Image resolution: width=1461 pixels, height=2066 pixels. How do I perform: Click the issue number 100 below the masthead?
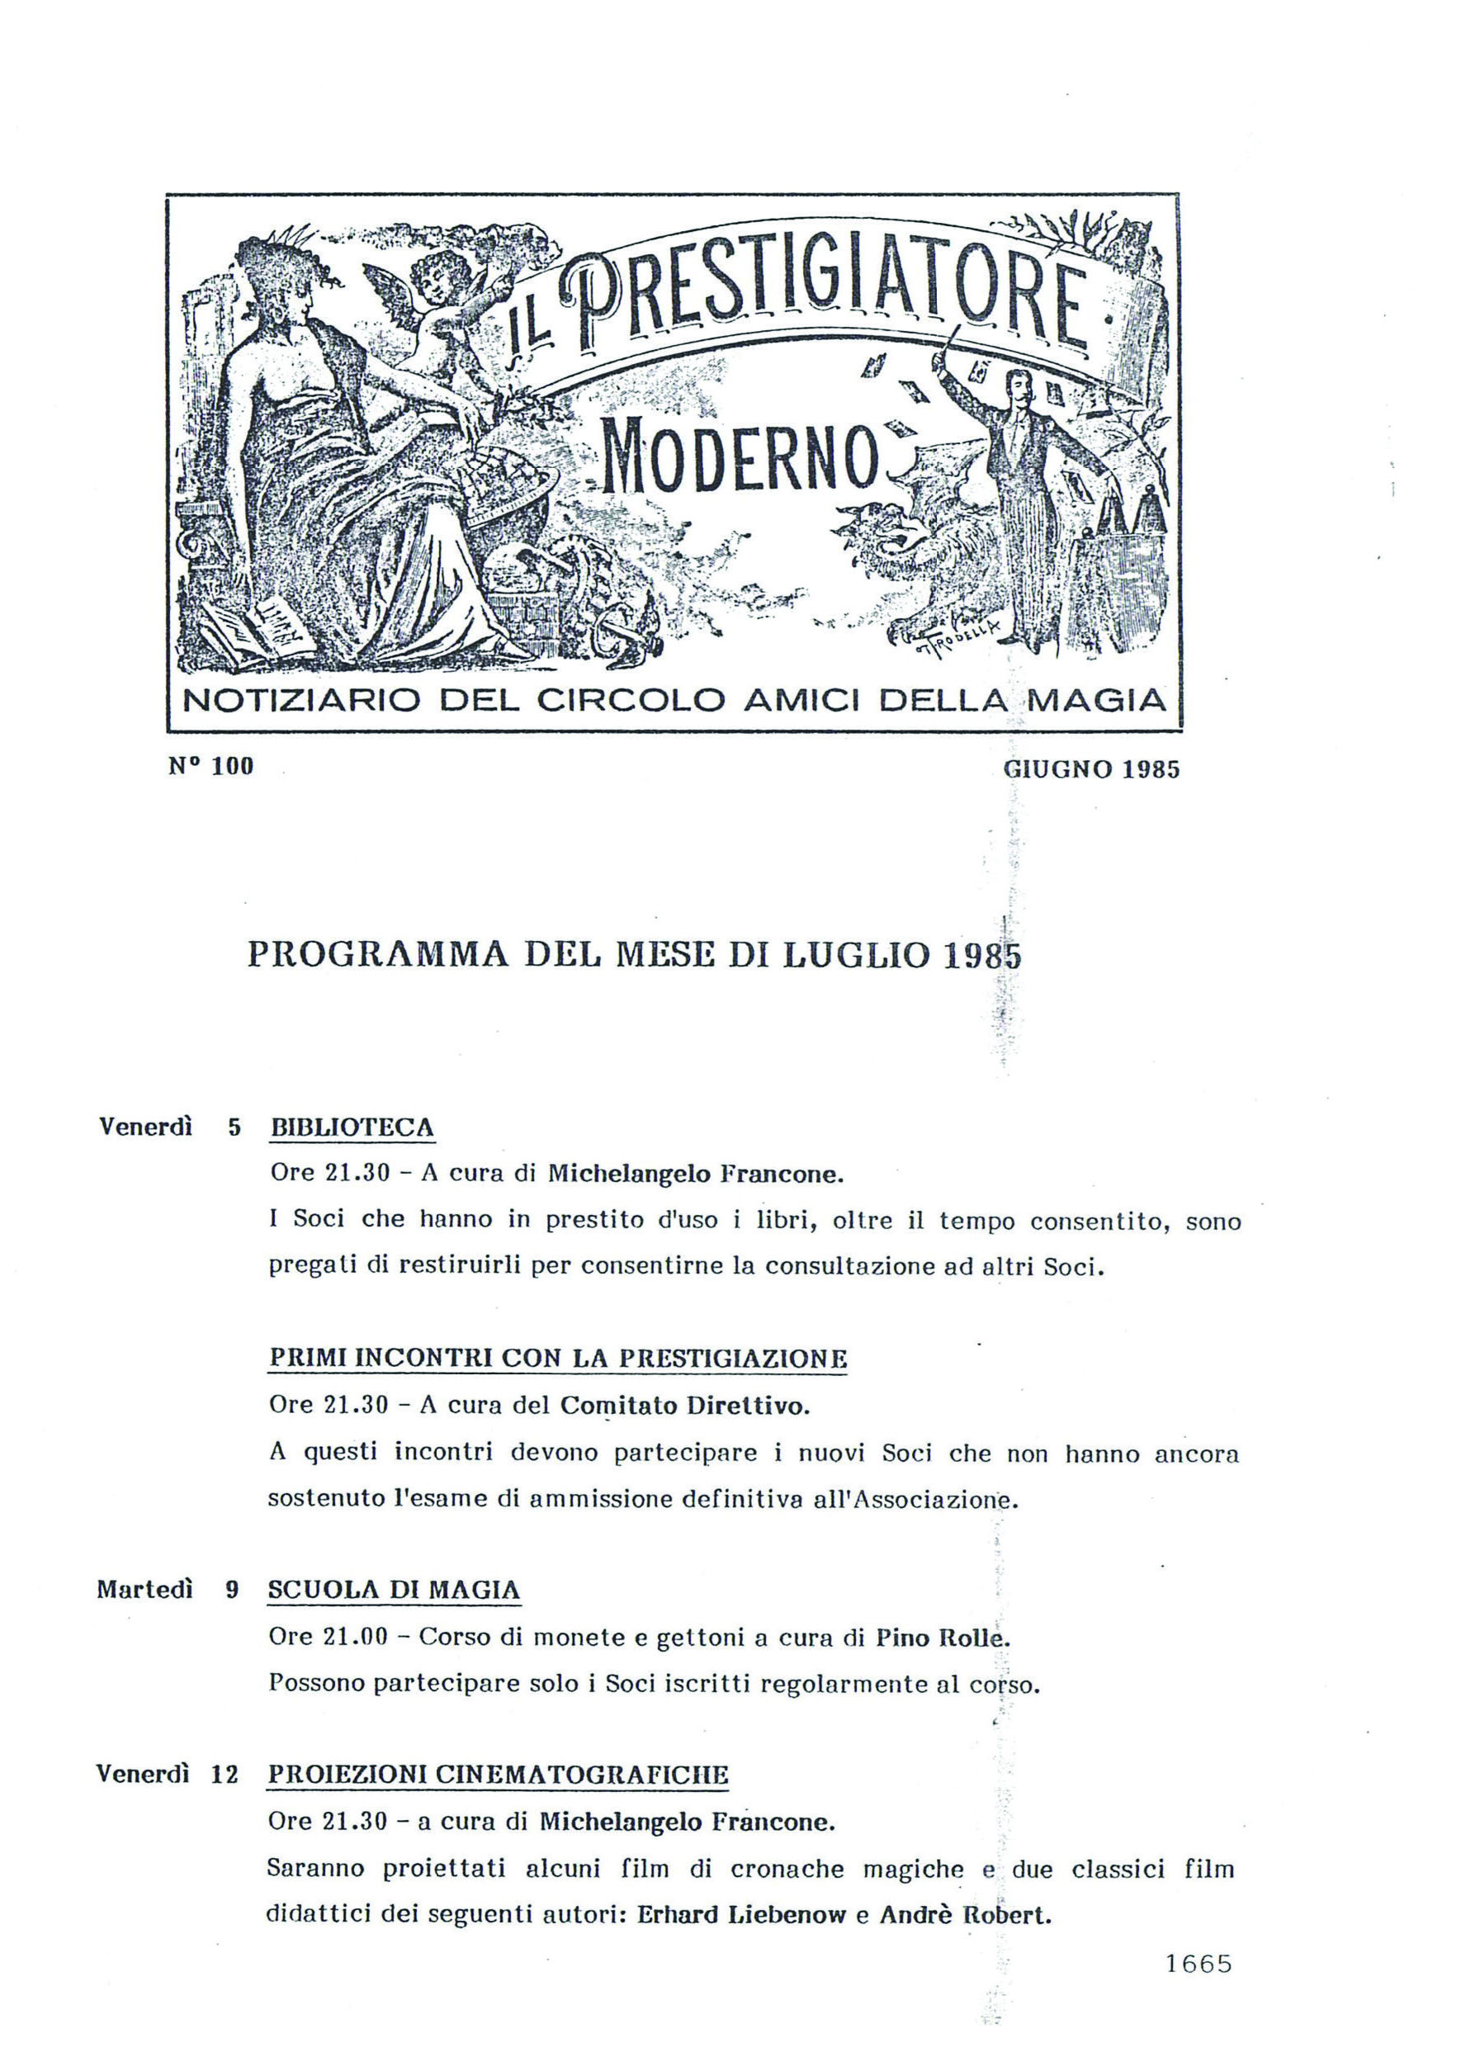click(233, 767)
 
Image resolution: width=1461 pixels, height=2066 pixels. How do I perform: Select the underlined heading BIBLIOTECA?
click(352, 1128)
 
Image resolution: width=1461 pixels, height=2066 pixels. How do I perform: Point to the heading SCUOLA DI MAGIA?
click(394, 1590)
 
